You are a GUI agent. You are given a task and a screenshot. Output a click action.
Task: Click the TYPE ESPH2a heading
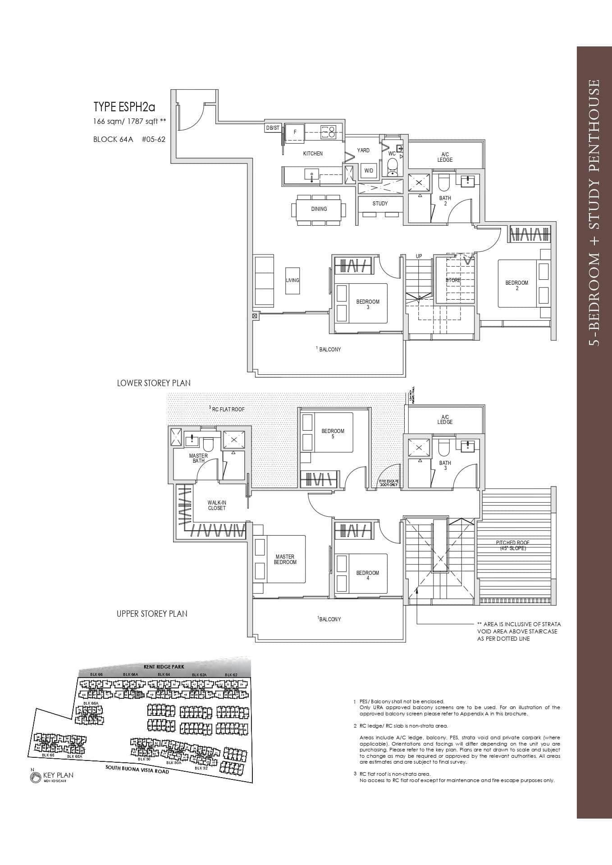(x=124, y=107)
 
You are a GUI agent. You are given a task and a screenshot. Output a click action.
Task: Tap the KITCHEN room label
(x=313, y=154)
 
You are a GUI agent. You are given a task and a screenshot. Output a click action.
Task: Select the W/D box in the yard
(x=369, y=171)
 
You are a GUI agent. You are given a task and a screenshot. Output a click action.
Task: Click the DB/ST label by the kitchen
(x=273, y=128)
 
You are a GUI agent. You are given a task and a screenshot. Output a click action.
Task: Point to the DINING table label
(x=319, y=209)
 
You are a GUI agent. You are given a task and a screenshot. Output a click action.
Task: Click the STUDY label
(x=380, y=204)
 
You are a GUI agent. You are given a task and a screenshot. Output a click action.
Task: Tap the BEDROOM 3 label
(x=368, y=304)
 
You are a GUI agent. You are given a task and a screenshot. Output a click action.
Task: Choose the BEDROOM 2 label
(x=516, y=285)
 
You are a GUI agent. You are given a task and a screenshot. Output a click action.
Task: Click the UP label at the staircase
(x=419, y=256)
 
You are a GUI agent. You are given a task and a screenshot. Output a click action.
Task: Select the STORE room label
(x=453, y=280)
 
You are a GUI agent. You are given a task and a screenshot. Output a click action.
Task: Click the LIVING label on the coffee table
(x=292, y=280)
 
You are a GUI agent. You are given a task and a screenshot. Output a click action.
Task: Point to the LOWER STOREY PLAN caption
(x=154, y=383)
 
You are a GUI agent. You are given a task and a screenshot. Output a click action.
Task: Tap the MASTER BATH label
(x=198, y=458)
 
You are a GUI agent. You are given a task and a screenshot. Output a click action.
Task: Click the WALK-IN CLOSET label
(x=217, y=505)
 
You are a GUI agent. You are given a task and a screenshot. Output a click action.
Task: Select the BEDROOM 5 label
(x=333, y=433)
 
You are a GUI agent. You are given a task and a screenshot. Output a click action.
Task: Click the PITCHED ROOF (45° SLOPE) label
(x=513, y=545)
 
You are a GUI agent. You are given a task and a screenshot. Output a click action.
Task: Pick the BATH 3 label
(x=445, y=465)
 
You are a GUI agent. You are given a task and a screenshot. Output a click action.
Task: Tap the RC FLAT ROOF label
(x=228, y=409)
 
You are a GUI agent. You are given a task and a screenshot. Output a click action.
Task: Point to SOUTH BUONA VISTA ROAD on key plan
(x=137, y=769)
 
